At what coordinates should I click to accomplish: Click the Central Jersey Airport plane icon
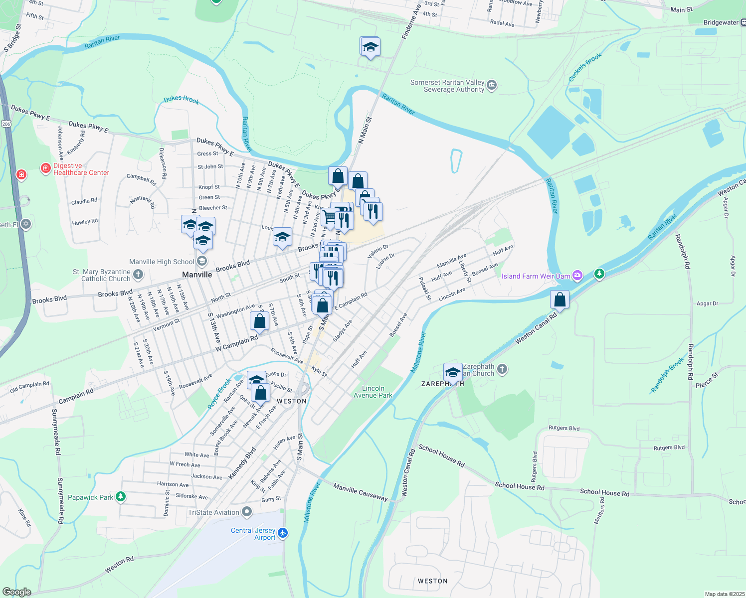coord(283,533)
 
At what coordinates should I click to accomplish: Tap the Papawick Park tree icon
coord(120,497)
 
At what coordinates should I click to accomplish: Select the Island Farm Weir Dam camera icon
coord(577,275)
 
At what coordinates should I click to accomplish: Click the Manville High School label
coord(162,262)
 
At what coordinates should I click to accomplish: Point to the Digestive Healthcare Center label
coord(81,169)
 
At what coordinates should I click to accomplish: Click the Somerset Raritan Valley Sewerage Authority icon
coord(492,85)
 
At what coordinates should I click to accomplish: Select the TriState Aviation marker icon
coord(247,512)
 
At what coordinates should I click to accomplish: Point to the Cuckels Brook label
coord(585,67)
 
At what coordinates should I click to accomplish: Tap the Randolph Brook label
coord(668,375)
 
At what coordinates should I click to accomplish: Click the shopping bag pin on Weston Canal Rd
coord(560,300)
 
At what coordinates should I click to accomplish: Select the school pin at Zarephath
coord(453,372)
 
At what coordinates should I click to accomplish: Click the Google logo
coord(16,592)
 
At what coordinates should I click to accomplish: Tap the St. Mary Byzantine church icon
coord(138,274)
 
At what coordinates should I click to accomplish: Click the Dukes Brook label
coord(182,99)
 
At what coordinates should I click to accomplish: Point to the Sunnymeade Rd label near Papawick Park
coord(60,500)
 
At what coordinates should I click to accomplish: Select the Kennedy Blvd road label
coord(242,463)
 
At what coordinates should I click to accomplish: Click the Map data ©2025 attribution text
coord(725,594)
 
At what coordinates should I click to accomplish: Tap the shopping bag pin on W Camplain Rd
coord(260,321)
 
